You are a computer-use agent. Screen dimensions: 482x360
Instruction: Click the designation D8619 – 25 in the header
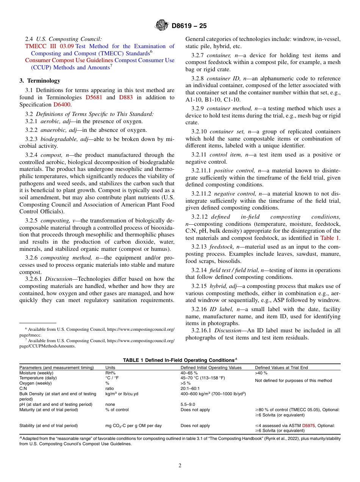[189, 26]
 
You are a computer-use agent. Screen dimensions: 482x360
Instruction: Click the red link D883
[126, 97]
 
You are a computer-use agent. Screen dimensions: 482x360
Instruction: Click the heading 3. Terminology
[40, 80]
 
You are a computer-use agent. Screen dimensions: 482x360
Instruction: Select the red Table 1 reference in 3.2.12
[330, 238]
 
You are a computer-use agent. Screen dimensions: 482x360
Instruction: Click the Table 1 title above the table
[180, 360]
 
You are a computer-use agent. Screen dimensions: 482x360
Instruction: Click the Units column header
[110, 368]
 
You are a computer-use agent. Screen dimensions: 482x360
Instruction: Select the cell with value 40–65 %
[189, 373]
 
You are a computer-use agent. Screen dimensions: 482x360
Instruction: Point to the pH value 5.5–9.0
[188, 404]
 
